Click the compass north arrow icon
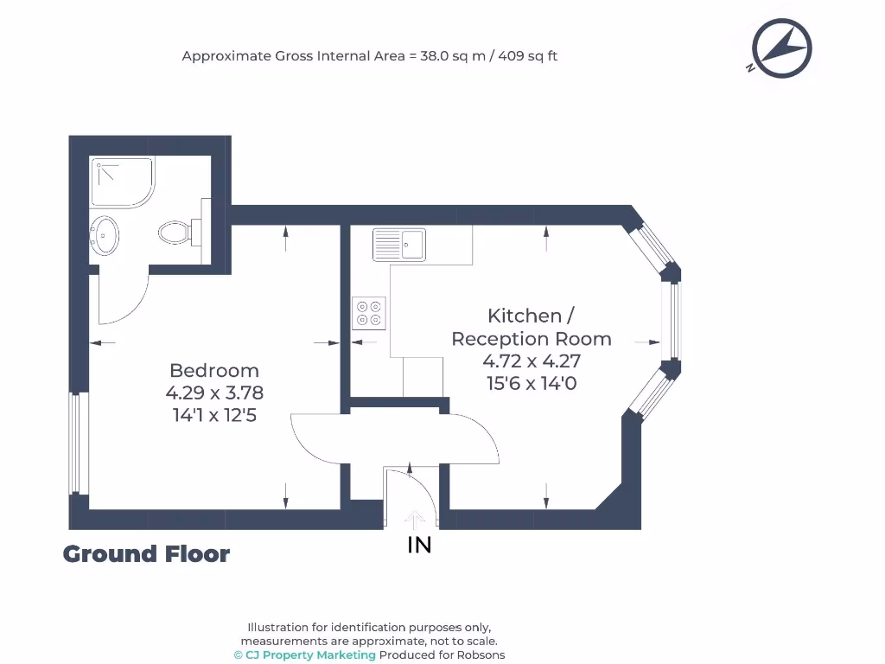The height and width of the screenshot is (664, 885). [x=781, y=48]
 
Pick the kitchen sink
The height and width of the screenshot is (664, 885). [x=398, y=244]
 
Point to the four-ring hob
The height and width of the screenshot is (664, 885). [x=369, y=312]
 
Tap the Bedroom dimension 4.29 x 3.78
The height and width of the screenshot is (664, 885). [x=214, y=393]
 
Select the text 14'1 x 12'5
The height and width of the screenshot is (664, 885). [x=214, y=415]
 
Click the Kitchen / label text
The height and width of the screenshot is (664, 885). [x=531, y=316]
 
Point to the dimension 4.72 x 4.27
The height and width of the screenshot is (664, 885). [x=531, y=361]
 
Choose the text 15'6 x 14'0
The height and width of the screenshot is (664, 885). [x=531, y=383]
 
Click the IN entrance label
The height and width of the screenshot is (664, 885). [x=419, y=545]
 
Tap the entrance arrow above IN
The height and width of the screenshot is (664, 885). [x=415, y=519]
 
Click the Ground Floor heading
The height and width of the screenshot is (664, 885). [x=146, y=554]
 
